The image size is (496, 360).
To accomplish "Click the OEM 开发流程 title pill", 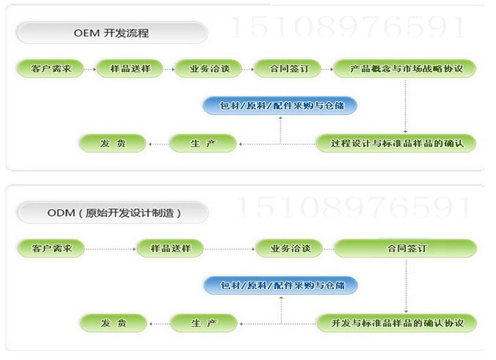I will coord(111,33).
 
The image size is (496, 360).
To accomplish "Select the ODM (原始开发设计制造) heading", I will coord(113,213).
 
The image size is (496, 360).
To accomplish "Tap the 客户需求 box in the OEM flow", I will coord(51,69).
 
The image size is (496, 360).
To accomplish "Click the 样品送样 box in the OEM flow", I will coord(129,69).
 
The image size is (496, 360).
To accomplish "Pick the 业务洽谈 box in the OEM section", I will coord(208,69).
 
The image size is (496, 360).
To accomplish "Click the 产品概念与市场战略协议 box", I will coord(405,69).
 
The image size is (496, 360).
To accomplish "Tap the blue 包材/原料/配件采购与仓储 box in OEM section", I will coord(280,106).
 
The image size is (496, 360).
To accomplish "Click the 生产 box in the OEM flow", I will coord(203,144).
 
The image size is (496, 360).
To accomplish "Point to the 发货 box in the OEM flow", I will coord(114,144).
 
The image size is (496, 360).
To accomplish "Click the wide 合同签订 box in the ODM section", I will coord(406,248).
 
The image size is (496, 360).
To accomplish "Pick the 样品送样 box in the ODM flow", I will coord(169,248).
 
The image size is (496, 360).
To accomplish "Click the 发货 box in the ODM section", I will coord(114,323).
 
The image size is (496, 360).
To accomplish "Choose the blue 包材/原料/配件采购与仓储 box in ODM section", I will coord(280,285).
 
